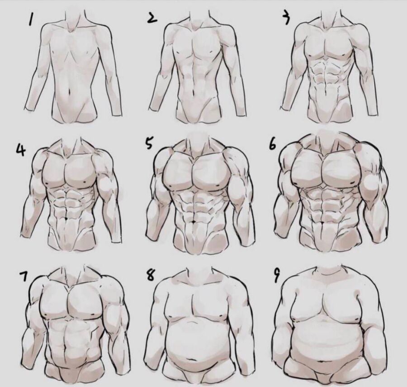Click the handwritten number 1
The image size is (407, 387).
31,20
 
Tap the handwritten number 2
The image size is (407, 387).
152,18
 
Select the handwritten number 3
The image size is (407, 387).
286,18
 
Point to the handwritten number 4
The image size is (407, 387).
21,150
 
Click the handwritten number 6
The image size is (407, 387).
272,144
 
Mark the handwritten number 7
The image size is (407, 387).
24,276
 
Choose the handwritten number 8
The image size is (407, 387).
150,275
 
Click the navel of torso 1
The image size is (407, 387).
69,92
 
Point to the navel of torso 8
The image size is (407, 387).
192,359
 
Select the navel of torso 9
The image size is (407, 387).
322,361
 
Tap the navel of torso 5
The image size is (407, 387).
194,221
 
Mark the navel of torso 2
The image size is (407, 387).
193,93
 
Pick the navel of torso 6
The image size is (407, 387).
322,222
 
